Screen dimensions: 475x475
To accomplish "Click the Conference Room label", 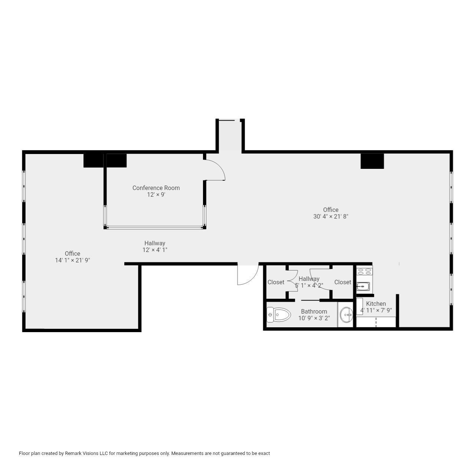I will coord(156,188).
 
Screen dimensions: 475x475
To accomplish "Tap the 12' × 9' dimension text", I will coord(156,194).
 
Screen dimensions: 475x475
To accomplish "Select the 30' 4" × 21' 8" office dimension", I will coord(331,216).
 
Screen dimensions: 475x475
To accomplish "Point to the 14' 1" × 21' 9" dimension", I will coord(72,260).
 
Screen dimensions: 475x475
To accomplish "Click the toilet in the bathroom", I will coord(279,315).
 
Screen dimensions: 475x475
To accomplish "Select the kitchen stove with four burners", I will coord(364,271).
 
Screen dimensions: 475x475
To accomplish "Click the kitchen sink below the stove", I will coord(363,286).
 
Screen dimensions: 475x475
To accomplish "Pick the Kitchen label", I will coord(376,304).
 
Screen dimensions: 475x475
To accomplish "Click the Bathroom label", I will coord(314,311).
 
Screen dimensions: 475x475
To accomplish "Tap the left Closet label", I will coord(276,282).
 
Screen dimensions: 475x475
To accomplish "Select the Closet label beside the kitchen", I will coord(343,282).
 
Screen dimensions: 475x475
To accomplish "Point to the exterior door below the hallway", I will coord(248,275).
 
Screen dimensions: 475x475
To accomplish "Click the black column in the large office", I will coord(372,161).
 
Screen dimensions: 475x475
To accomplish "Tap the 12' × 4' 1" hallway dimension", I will coord(155,250).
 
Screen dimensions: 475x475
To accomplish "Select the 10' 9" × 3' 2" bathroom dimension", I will coord(314,318).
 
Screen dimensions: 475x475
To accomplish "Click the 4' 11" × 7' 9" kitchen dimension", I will coord(376,310).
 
